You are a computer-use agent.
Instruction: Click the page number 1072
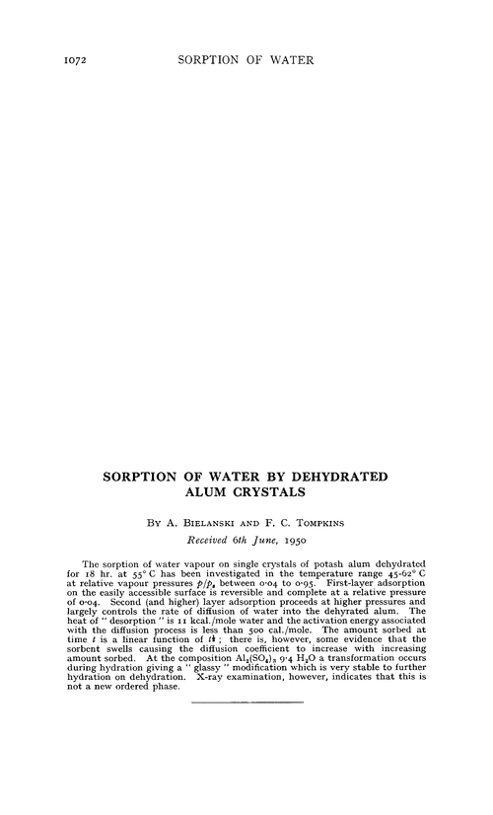coord(45,60)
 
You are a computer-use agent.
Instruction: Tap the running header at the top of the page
coord(246,60)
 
